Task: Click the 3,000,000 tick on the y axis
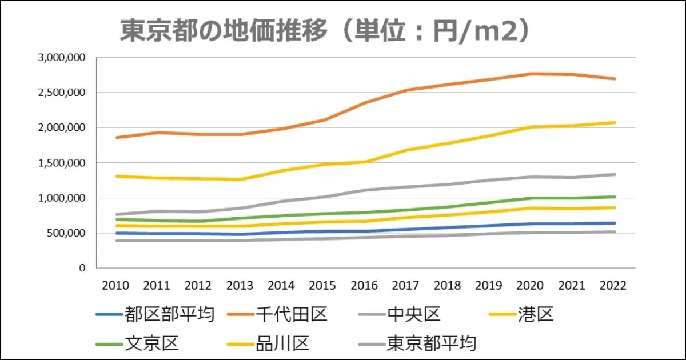(x=61, y=58)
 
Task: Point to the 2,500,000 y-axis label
(x=61, y=93)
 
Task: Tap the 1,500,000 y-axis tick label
(x=61, y=163)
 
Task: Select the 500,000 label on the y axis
(x=65, y=233)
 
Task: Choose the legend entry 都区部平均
(x=169, y=314)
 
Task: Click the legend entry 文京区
(x=151, y=343)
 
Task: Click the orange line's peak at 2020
(x=531, y=74)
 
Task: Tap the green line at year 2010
(x=117, y=219)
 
